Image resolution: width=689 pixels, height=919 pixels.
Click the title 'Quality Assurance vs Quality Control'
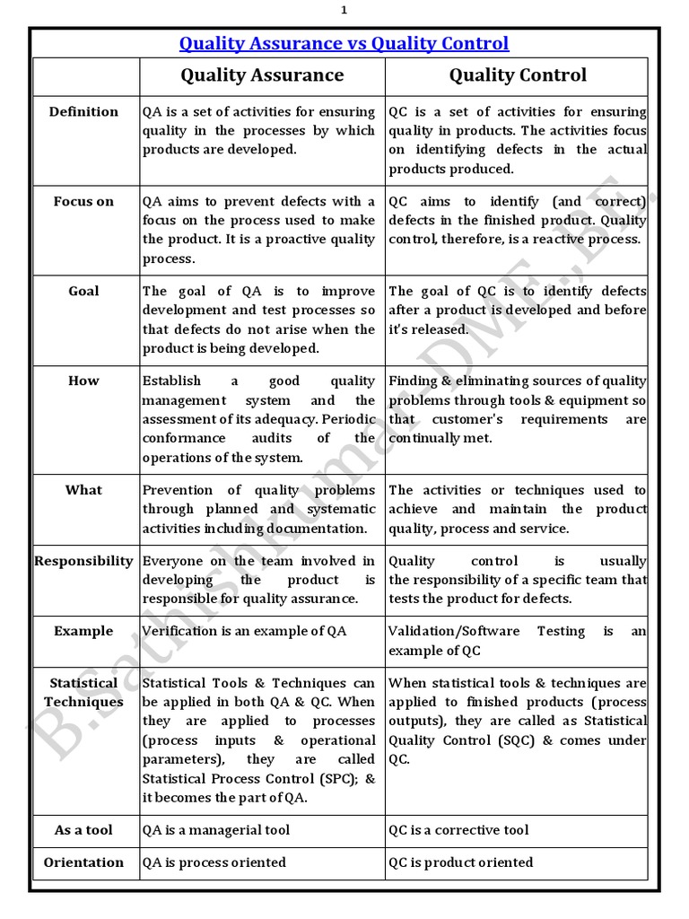point(344,43)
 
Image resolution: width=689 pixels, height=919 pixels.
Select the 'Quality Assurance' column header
point(262,75)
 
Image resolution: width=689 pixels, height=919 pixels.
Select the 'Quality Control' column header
point(518,75)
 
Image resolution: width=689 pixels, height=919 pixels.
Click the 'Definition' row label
point(83,112)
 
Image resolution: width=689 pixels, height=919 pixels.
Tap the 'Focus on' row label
point(83,201)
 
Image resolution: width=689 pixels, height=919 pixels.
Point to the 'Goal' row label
point(83,291)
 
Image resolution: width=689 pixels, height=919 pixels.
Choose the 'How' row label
point(83,381)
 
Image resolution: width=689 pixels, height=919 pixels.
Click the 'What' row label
point(83,490)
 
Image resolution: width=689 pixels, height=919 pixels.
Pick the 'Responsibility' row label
point(83,561)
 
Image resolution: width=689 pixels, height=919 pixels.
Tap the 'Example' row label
point(83,631)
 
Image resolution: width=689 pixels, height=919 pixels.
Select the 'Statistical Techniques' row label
point(83,693)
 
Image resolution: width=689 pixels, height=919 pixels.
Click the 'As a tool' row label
point(83,830)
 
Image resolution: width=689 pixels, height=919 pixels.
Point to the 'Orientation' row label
point(83,862)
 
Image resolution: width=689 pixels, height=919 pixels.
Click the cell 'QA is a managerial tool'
point(216,830)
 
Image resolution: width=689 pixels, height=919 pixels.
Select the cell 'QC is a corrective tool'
point(458,830)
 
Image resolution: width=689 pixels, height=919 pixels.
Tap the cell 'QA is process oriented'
point(214,862)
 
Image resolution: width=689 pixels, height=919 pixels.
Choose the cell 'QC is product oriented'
point(460,862)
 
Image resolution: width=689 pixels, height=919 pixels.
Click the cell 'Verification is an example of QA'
point(244,631)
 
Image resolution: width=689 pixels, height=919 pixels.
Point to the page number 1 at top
point(344,10)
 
